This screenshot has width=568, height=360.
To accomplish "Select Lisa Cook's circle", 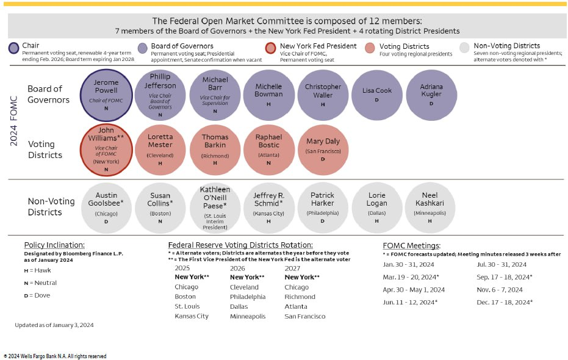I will [376, 95].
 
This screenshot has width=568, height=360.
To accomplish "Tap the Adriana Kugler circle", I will [431, 95].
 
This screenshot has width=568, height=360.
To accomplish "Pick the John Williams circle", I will [107, 150].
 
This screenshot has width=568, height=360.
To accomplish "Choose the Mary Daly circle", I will [323, 150].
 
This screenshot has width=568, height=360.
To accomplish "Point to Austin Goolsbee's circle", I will [107, 207].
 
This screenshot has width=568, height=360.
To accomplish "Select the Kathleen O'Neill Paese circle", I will [215, 207].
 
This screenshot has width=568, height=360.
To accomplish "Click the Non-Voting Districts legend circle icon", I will [465, 49].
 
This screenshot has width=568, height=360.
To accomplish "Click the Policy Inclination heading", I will [54, 245].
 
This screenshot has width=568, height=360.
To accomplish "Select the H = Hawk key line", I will [38, 270].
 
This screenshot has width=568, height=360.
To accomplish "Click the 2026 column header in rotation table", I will [237, 268].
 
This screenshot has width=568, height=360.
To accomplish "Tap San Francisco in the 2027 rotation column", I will [305, 316].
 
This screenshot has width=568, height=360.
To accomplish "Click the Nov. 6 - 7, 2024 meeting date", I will [500, 290].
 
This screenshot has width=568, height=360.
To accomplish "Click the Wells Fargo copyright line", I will [55, 356].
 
